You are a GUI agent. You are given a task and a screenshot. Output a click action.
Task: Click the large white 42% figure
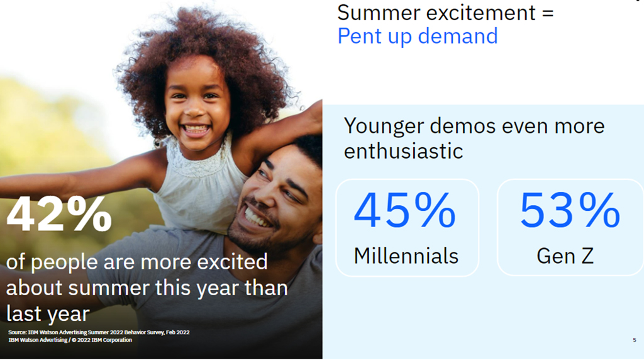[59, 214]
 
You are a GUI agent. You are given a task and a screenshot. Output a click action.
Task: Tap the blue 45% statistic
[405, 210]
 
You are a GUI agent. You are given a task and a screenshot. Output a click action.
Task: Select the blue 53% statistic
[570, 210]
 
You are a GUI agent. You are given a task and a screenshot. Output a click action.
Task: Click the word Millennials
[406, 256]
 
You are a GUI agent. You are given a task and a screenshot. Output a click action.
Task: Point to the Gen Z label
[565, 256]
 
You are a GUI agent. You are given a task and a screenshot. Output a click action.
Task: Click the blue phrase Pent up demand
[418, 36]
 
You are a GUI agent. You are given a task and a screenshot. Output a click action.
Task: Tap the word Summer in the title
[379, 13]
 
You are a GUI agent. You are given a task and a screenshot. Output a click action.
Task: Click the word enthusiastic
[403, 151]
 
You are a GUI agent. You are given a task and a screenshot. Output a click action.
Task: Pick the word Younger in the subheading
[384, 126]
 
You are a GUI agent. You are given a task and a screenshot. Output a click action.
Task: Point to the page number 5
[635, 340]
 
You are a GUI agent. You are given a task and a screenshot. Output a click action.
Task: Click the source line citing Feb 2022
[99, 332]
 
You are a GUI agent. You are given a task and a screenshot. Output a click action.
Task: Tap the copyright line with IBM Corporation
[70, 340]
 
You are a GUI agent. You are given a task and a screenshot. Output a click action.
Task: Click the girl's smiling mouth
[196, 130]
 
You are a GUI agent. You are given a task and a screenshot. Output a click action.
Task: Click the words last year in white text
[48, 313]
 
